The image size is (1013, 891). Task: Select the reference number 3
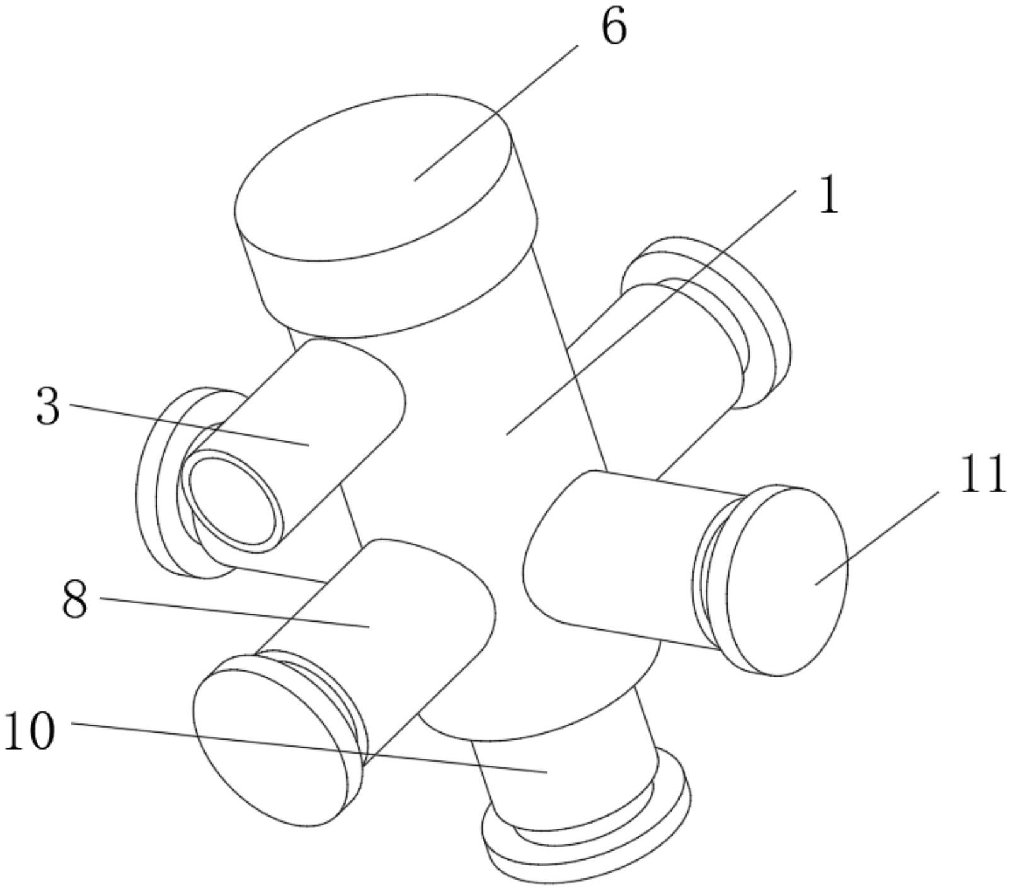click(x=47, y=407)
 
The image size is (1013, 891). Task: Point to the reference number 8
click(x=74, y=600)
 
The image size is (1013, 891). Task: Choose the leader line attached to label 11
click(x=876, y=539)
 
